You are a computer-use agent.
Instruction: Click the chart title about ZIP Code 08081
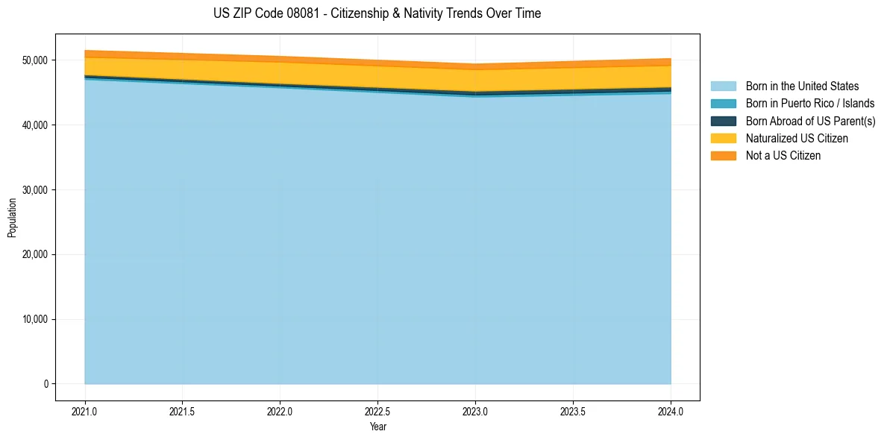[x=377, y=13]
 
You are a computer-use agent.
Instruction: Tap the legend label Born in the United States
[x=802, y=87]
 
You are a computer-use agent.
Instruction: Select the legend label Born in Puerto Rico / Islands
[x=810, y=104]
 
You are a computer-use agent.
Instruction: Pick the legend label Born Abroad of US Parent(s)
[x=810, y=121]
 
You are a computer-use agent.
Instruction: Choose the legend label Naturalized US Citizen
[x=797, y=138]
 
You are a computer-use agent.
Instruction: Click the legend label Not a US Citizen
[x=783, y=155]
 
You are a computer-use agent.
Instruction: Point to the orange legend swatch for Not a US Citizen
[x=723, y=155]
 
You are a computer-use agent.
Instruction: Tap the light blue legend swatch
[x=723, y=87]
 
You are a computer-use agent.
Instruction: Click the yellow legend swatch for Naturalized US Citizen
[x=723, y=138]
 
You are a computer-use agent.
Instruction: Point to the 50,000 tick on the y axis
[x=34, y=60]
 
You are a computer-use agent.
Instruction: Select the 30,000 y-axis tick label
[x=34, y=190]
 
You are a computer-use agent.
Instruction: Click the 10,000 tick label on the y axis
[x=34, y=319]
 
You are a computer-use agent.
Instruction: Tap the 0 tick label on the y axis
[x=46, y=384]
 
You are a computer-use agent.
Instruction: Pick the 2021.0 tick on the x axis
[x=84, y=411]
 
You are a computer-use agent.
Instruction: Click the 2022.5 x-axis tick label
[x=377, y=411]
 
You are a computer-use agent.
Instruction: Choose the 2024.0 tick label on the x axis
[x=671, y=411]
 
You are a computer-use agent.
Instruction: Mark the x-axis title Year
[x=377, y=427]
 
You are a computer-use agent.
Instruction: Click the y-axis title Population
[x=12, y=218]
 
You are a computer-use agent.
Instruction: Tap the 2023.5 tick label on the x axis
[x=573, y=411]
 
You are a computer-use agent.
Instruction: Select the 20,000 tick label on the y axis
[x=34, y=255]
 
